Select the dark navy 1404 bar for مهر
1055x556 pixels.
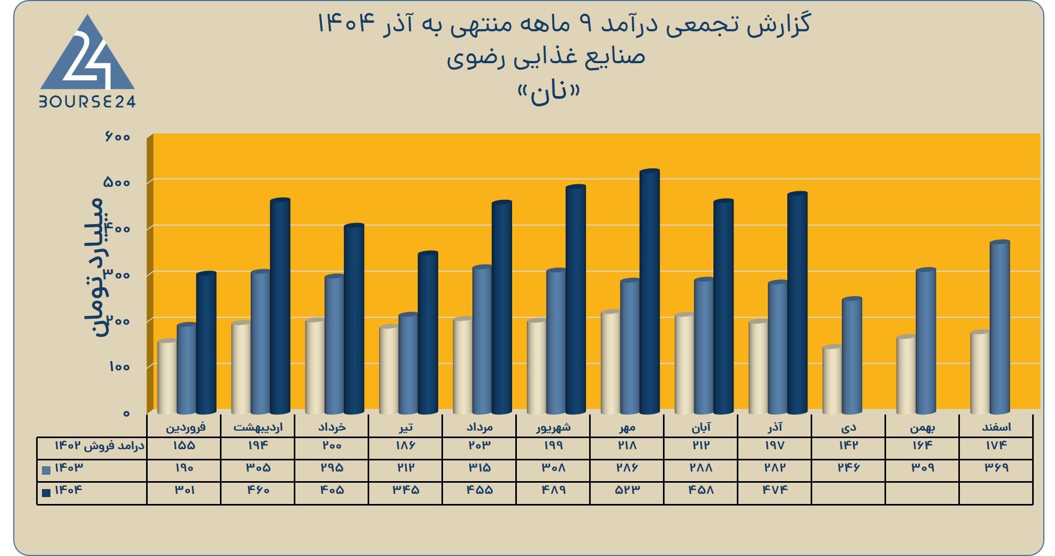click(649, 292)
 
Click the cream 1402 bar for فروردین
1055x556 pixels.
click(167, 377)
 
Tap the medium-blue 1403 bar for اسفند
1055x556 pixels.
click(1000, 327)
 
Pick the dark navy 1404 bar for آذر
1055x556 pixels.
click(797, 303)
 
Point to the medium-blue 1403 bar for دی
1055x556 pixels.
click(852, 355)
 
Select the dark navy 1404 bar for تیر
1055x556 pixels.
click(428, 332)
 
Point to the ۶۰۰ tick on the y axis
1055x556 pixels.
click(117, 136)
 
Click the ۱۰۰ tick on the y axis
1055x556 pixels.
click(120, 366)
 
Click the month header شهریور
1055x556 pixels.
click(553, 427)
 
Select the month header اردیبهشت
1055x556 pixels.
click(258, 427)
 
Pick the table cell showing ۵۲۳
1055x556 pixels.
click(627, 490)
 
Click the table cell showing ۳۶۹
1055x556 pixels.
click(997, 467)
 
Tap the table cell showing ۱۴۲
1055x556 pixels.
click(848, 445)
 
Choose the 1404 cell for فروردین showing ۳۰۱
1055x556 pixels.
click(184, 490)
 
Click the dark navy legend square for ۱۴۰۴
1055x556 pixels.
click(46, 492)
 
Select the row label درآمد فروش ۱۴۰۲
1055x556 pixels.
click(99, 446)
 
